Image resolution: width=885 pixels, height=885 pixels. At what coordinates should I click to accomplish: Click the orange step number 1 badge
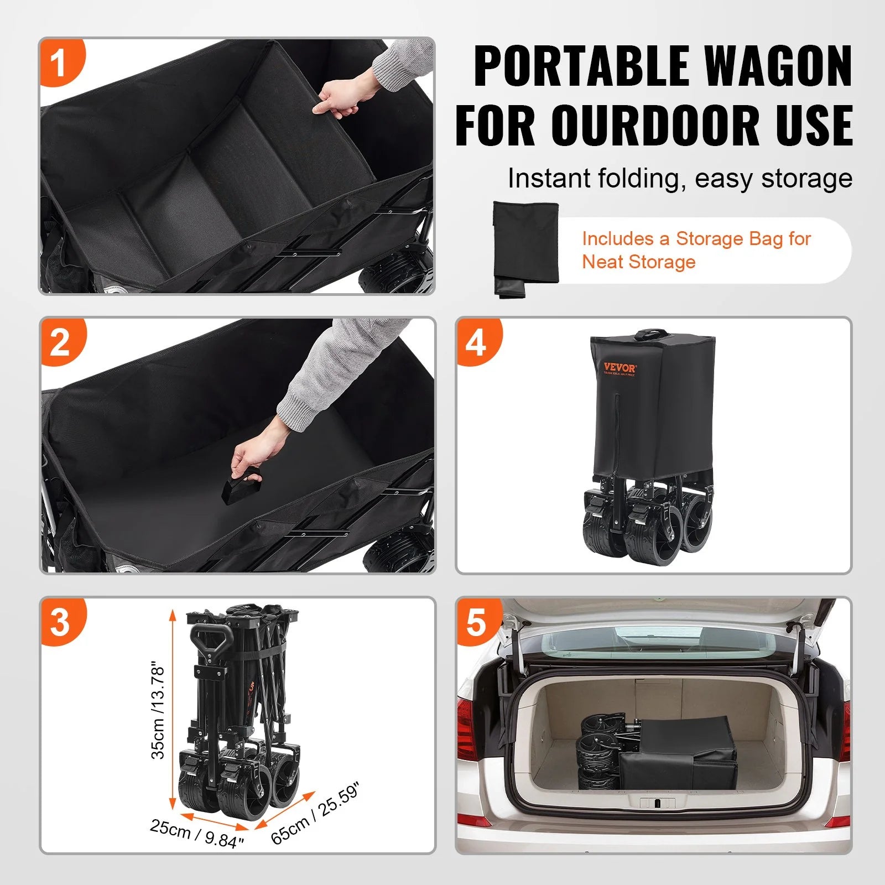[x=60, y=62]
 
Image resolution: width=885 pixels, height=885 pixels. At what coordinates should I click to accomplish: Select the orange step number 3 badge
[x=61, y=622]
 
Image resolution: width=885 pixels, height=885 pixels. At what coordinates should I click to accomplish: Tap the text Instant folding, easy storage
[x=680, y=179]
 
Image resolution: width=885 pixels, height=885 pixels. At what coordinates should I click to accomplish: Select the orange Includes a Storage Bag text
[x=696, y=250]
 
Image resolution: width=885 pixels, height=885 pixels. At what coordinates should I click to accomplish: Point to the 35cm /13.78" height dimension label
[x=158, y=711]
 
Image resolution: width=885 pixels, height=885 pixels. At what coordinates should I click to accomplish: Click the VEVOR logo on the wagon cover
[x=619, y=368]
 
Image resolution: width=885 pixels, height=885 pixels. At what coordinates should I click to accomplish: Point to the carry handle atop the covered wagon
[x=651, y=334]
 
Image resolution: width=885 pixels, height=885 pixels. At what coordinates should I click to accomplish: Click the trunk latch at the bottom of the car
[x=657, y=803]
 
